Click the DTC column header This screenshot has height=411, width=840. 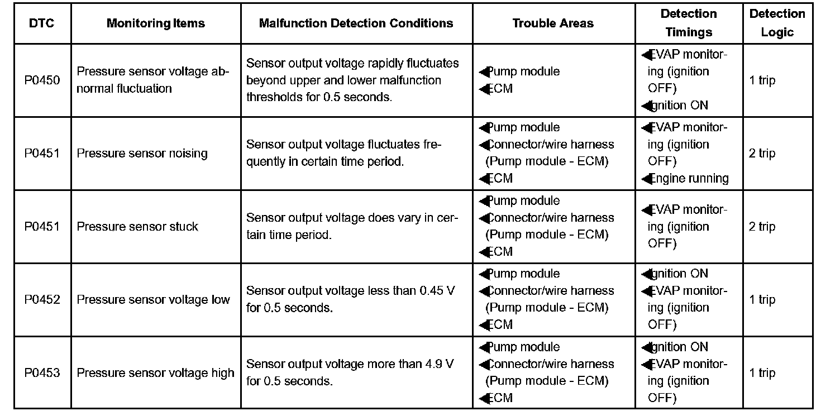42,23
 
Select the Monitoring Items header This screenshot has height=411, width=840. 156,23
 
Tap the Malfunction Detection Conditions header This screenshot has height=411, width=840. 356,23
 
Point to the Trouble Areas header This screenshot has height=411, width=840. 553,23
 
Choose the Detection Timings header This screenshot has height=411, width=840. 689,23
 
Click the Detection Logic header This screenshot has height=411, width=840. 777,23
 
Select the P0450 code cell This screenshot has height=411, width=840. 42,80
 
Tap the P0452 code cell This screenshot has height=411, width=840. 42,300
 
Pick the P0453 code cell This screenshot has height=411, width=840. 42,373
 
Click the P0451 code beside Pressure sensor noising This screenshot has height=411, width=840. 42,154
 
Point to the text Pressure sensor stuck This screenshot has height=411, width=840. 137,227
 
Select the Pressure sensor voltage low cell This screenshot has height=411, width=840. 153,300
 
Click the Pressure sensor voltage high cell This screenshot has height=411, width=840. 155,373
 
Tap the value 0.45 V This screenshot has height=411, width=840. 437,291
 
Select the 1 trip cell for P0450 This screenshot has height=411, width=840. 762,80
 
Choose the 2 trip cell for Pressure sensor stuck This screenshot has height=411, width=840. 762,227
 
